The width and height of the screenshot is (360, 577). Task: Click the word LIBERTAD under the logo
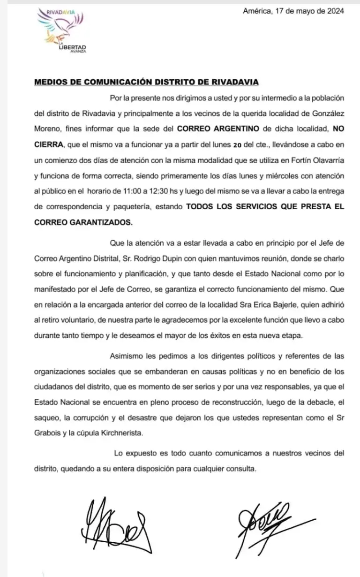73,47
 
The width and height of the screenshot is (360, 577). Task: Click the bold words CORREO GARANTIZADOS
83,222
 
